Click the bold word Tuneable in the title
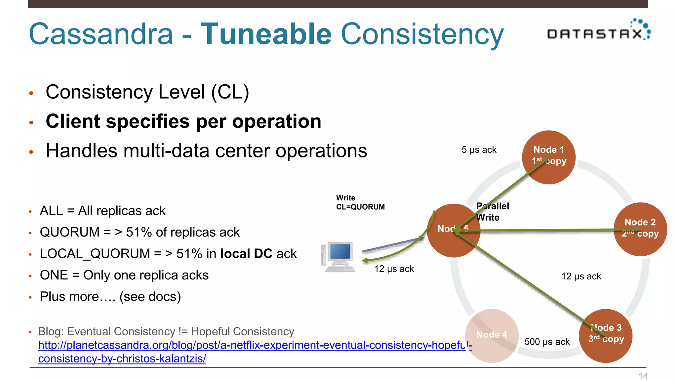click(266, 34)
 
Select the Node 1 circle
click(549, 157)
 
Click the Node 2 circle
click(640, 229)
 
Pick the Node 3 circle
click(606, 336)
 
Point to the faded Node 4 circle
click(492, 335)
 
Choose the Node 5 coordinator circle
click(454, 231)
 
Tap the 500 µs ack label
click(547, 342)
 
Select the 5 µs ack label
click(479, 150)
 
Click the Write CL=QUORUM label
click(360, 202)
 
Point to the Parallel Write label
click(492, 212)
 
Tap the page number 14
click(643, 376)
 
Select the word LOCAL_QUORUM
click(95, 254)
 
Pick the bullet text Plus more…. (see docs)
click(110, 297)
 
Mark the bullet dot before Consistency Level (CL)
click(31, 93)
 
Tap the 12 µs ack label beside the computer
click(394, 269)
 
